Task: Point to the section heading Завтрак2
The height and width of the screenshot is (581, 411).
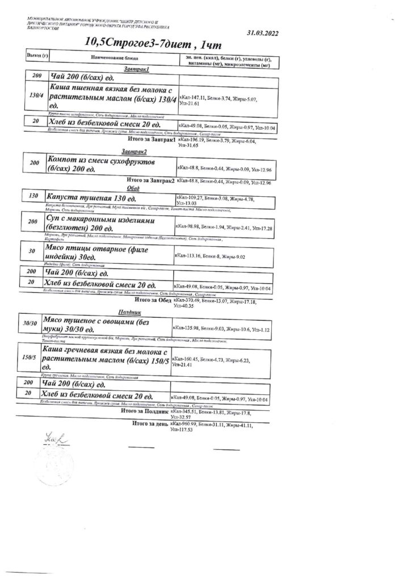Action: [134, 153]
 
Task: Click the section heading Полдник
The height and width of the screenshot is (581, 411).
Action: [131, 313]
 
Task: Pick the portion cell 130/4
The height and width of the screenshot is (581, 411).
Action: [36, 95]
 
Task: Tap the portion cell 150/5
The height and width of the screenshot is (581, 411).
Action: [29, 359]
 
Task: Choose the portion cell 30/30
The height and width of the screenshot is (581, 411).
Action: [29, 323]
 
